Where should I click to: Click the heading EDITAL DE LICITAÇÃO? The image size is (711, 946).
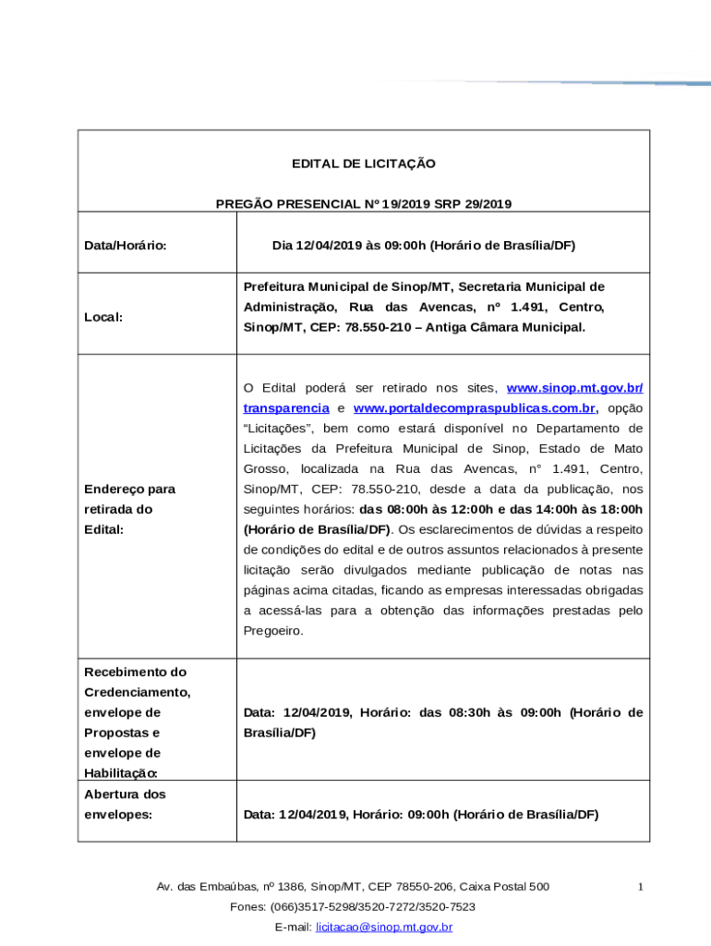point(363,164)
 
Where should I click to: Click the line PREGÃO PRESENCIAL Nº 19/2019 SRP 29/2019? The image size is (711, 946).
point(363,204)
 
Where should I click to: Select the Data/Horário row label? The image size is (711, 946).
point(125,246)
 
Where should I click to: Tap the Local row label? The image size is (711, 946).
point(103,317)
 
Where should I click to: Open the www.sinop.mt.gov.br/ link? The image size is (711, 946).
point(576,388)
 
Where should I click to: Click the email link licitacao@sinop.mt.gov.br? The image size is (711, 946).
point(383,927)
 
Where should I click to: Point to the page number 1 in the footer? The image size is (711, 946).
point(640,887)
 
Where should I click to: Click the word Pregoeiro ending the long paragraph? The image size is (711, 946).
point(272,631)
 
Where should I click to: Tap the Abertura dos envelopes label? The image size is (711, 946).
point(125,805)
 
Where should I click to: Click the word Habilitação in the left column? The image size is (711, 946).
point(120,773)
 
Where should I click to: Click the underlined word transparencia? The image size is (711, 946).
point(286,408)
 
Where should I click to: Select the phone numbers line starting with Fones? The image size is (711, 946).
point(353,906)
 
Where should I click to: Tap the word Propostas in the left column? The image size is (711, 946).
point(115,733)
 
